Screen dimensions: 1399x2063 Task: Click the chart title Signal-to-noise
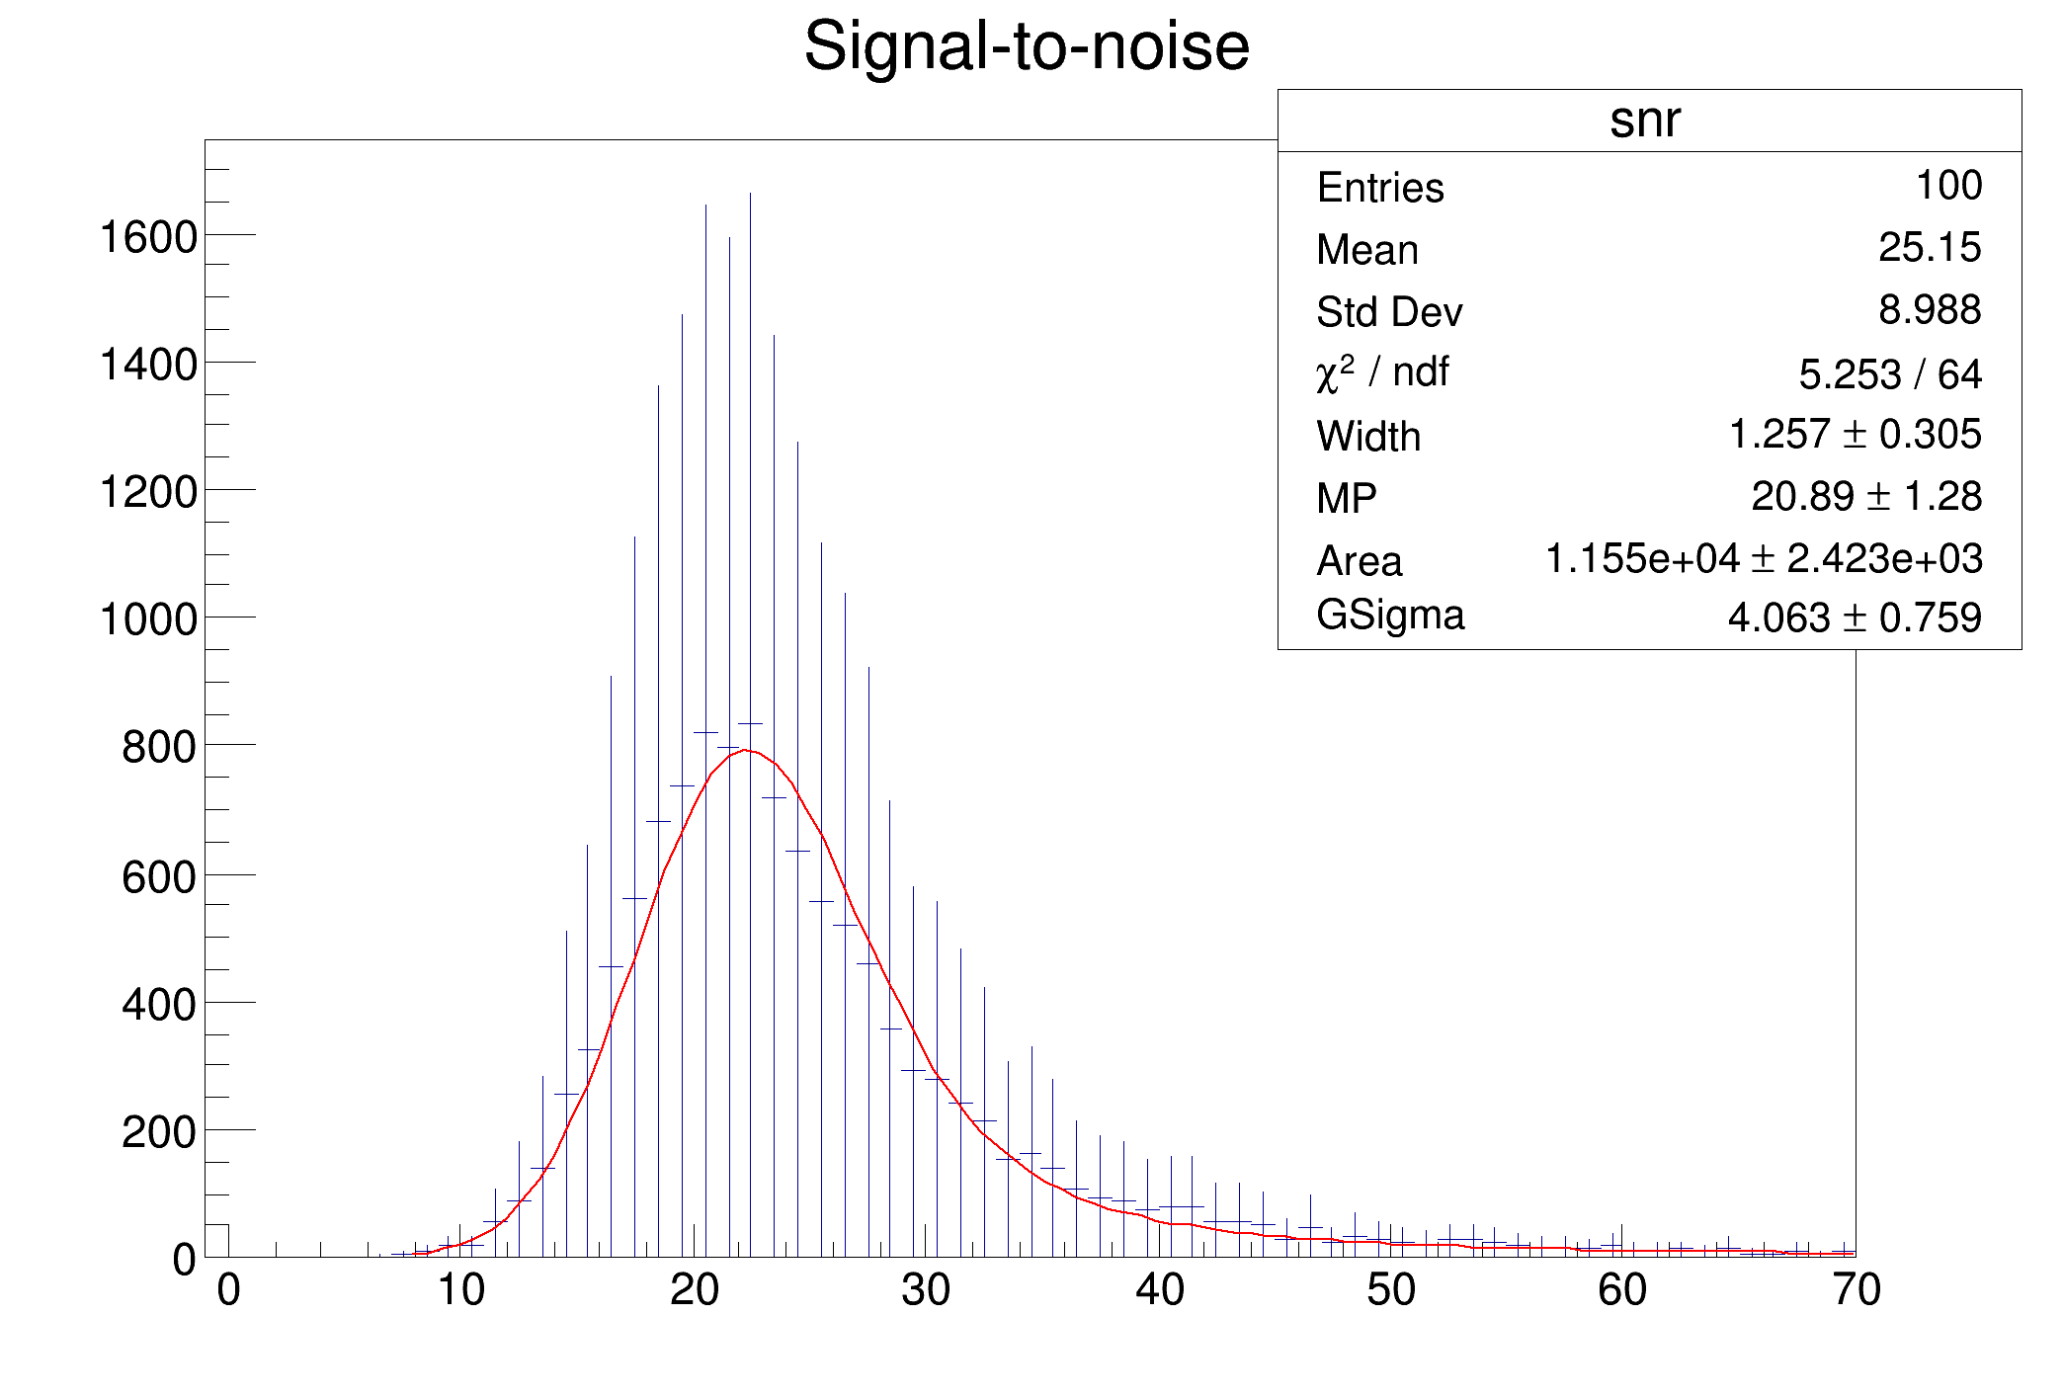[x=1027, y=46]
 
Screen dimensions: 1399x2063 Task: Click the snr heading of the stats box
[x=1645, y=120]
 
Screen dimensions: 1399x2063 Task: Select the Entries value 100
[x=1948, y=186]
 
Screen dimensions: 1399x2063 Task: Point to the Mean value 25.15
[x=1930, y=247]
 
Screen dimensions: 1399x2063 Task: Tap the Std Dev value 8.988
[x=1930, y=310]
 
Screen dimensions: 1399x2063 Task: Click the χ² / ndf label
[x=1382, y=373]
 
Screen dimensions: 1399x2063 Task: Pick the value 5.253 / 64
[x=1889, y=374]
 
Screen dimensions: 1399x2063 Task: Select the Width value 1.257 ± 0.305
[x=1855, y=435]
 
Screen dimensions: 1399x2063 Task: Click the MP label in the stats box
[x=1346, y=499]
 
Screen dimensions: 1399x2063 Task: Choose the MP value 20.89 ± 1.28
[x=1865, y=497]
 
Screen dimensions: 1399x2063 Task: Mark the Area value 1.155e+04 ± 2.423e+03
[x=1763, y=559]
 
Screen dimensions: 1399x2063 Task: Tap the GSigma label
[x=1389, y=616]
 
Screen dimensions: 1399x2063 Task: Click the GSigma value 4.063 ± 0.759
[x=1854, y=618]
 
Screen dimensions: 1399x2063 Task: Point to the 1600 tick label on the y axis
[x=148, y=238]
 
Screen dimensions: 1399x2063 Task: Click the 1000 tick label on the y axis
[x=148, y=620]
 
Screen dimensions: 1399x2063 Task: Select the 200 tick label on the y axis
[x=159, y=1132]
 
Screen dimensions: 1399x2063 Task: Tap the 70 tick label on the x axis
[x=1856, y=1290]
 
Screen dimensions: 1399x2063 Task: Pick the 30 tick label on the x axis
[x=926, y=1290]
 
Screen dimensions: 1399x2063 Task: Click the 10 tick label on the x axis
[x=460, y=1290]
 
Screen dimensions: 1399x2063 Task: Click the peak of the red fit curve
[x=746, y=750]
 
